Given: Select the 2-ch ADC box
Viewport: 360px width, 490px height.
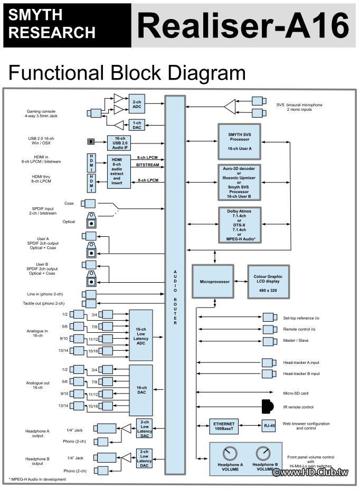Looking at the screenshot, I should coord(137,104).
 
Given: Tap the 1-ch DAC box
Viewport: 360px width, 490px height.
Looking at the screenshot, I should coord(137,124).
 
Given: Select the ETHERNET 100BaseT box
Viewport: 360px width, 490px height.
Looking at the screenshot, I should coord(224,426).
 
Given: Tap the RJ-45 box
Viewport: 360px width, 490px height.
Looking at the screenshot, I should coord(269,426).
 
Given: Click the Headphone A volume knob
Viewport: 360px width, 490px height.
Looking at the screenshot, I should coord(230,454).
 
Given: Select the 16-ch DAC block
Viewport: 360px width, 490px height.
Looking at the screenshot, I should coord(140,390).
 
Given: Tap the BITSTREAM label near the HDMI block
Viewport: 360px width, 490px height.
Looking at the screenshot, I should coord(148,165).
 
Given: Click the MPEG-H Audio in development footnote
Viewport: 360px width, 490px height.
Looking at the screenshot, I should coord(37,479).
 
